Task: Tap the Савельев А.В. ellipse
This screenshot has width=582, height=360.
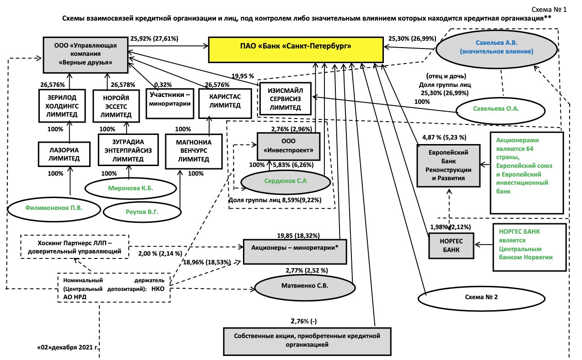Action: [x=496, y=48]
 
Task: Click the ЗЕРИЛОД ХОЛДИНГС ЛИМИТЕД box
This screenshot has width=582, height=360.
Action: [x=63, y=105]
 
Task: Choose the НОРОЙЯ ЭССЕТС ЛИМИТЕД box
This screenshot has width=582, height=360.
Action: [x=115, y=106]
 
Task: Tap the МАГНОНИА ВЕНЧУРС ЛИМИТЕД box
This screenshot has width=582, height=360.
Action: [x=193, y=151]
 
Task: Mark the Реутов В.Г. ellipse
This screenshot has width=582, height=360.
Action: [x=143, y=212]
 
